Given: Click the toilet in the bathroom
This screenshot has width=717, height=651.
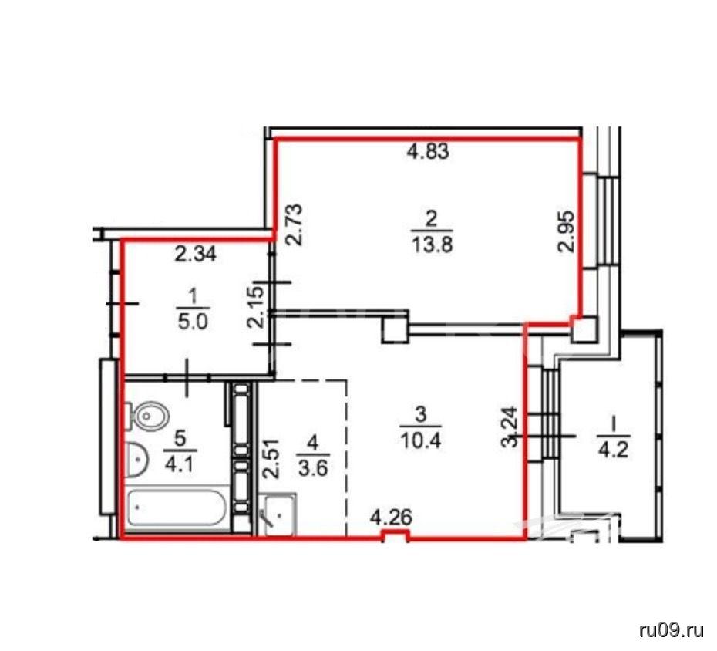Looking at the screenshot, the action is coord(146,416).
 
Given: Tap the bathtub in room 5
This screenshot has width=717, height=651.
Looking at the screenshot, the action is coord(177,508).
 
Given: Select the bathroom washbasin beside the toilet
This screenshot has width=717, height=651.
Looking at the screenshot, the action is coord(136,459).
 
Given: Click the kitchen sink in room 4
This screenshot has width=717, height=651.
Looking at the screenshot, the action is coord(277,514).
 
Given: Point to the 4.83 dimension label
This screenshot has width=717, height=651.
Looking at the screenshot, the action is coord(428,151).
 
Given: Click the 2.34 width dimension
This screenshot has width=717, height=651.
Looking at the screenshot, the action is coord(195,255).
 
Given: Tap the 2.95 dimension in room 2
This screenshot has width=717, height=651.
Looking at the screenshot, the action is coord(566,231).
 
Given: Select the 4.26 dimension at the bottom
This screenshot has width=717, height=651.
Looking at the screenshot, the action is coord(392,518).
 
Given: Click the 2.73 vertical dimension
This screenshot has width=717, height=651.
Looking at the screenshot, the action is coord(295,224).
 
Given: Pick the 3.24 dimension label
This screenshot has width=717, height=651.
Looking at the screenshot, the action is coord(510,427).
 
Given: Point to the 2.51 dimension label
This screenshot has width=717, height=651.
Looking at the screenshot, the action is coord(272,458).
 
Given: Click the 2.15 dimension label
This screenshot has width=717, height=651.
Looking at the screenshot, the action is coord(256,306).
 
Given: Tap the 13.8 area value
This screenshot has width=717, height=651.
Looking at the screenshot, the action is coord(432,246).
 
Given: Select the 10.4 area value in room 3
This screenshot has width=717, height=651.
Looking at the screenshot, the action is coord(420,441).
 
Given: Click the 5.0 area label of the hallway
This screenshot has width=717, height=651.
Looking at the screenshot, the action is coord(193,322).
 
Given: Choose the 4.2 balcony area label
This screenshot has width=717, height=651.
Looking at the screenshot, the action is coord(614,450).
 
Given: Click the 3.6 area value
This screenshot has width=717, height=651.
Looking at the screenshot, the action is coord(313,468).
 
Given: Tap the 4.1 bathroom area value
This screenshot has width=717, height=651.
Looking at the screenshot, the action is coord(180,465).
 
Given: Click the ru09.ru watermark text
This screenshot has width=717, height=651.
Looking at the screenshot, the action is coord(672,631).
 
